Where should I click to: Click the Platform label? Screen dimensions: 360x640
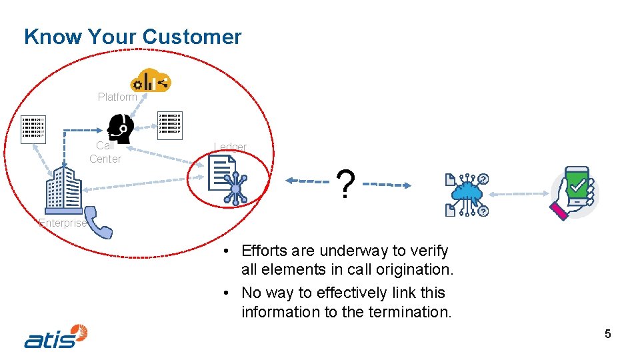tap(117, 97)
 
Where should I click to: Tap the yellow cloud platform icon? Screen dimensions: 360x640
tap(151, 80)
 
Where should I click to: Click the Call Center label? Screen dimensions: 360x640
tap(105, 152)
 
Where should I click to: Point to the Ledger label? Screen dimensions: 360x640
tap(230, 147)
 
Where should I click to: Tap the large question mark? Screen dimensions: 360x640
tap(345, 184)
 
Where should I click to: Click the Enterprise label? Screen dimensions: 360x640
tap(63, 223)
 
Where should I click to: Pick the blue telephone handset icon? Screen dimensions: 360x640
tap(99, 223)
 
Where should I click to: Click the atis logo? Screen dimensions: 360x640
tap(56, 336)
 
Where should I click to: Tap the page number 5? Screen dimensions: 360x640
tap(607, 334)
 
